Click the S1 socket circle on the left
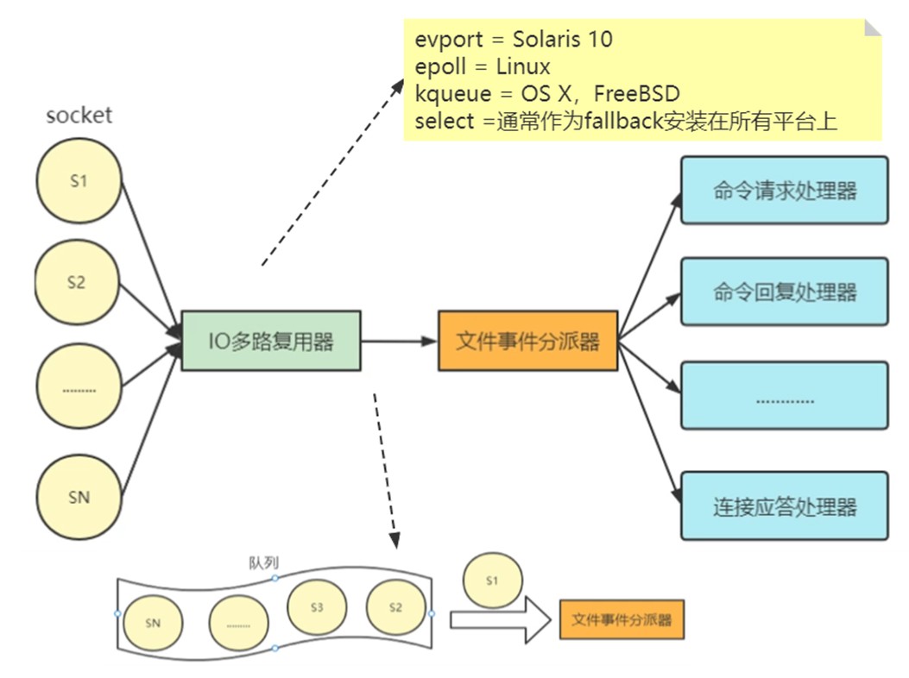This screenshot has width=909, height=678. pyautogui.click(x=79, y=181)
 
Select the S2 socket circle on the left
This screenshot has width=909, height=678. pyautogui.click(x=77, y=282)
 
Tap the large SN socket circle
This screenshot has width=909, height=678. pyautogui.click(x=79, y=497)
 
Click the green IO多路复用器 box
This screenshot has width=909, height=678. pyautogui.click(x=271, y=341)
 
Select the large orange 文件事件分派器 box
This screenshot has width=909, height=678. pyautogui.click(x=528, y=341)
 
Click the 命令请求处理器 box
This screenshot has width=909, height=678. pyautogui.click(x=785, y=190)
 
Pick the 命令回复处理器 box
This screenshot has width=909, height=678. pyautogui.click(x=785, y=292)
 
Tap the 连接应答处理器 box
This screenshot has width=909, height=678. pyautogui.click(x=785, y=506)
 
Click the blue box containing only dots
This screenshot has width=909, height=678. pyautogui.click(x=785, y=396)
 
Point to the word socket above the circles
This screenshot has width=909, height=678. pyautogui.click(x=79, y=116)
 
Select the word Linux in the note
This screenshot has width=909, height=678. pyautogui.click(x=523, y=66)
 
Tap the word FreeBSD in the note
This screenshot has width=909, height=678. pyautogui.click(x=636, y=93)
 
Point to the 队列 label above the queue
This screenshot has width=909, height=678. pyautogui.click(x=264, y=562)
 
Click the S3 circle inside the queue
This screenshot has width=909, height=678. pyautogui.click(x=317, y=607)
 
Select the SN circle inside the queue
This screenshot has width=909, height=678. pyautogui.click(x=153, y=623)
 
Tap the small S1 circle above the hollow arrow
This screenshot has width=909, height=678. pyautogui.click(x=492, y=580)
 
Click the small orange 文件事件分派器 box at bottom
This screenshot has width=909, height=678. pyautogui.click(x=622, y=620)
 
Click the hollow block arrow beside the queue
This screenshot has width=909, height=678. pyautogui.click(x=500, y=620)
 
